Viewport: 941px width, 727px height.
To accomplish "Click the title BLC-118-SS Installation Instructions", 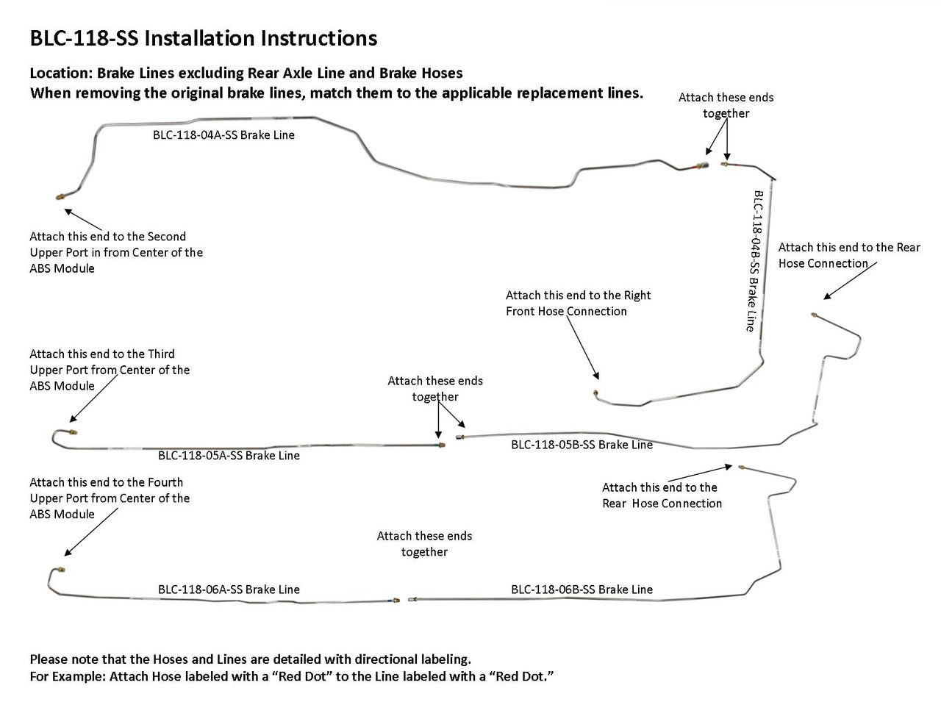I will [x=203, y=38].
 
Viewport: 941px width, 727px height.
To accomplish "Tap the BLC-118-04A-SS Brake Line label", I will [x=223, y=135].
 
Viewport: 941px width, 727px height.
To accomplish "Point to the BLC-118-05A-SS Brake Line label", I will [x=229, y=456].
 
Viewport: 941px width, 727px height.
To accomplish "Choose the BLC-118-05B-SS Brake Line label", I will [x=582, y=445].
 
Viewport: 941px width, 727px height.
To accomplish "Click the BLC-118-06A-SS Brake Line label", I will [x=229, y=590].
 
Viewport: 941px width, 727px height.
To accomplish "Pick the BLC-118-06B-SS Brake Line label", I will [x=582, y=590].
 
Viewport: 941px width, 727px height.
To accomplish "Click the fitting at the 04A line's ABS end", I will [x=59, y=197].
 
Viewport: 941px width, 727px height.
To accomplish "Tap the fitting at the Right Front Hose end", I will [x=595, y=393].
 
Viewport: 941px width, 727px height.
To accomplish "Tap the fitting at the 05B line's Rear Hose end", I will [x=815, y=315].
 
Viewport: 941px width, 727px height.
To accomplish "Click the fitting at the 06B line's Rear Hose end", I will [x=742, y=467].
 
